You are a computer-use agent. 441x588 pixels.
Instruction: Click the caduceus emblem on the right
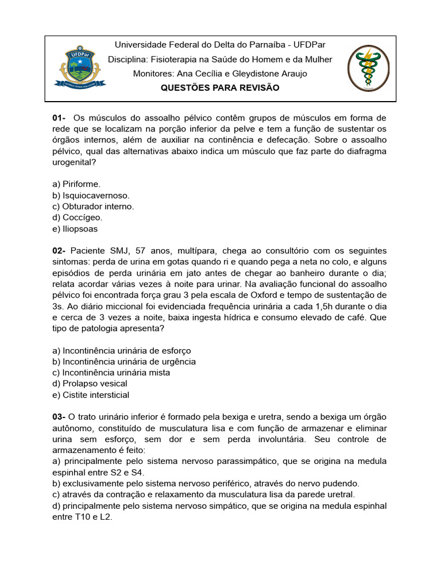click(x=368, y=68)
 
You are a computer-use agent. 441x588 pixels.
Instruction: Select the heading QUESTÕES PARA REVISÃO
click(x=220, y=88)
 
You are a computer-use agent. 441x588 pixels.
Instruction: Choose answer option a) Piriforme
click(x=76, y=184)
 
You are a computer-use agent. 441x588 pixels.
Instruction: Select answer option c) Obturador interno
click(x=93, y=206)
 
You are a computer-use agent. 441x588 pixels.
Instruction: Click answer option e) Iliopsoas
click(x=75, y=229)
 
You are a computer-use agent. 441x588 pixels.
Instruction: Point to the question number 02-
click(x=60, y=251)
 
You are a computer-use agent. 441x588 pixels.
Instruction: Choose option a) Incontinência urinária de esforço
click(x=122, y=350)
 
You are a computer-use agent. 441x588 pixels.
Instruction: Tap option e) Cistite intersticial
click(x=91, y=395)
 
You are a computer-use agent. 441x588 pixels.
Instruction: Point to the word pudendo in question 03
click(x=343, y=483)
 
